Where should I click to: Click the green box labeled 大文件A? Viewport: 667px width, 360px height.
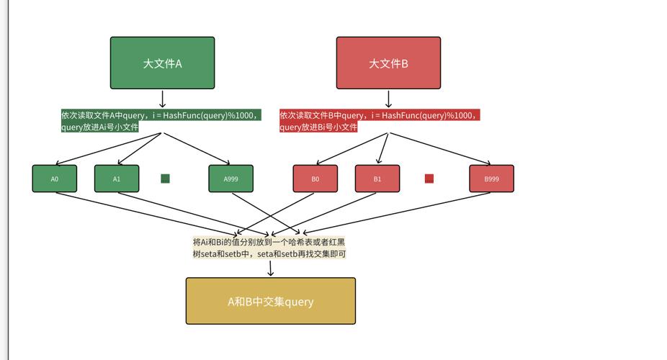(x=162, y=63)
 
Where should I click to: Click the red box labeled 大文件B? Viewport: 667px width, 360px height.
(x=388, y=63)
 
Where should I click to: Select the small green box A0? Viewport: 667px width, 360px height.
(x=55, y=179)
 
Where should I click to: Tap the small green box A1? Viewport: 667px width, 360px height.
(x=117, y=179)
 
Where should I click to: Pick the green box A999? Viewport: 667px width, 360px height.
(x=230, y=179)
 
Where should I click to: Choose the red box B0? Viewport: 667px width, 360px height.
(x=315, y=179)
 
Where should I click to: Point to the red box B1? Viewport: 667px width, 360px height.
(x=377, y=179)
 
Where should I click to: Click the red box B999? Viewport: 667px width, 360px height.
(x=491, y=179)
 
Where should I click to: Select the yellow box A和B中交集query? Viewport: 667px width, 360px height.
(x=270, y=301)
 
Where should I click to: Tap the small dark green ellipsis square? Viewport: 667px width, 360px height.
(x=165, y=179)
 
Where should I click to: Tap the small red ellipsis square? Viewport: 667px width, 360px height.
(x=429, y=179)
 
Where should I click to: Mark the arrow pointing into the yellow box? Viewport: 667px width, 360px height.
(x=270, y=269)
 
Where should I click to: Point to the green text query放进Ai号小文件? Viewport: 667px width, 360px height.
(x=100, y=127)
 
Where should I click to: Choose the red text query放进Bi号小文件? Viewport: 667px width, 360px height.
(x=318, y=127)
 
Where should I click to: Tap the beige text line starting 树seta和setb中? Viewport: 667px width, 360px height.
(x=269, y=253)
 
